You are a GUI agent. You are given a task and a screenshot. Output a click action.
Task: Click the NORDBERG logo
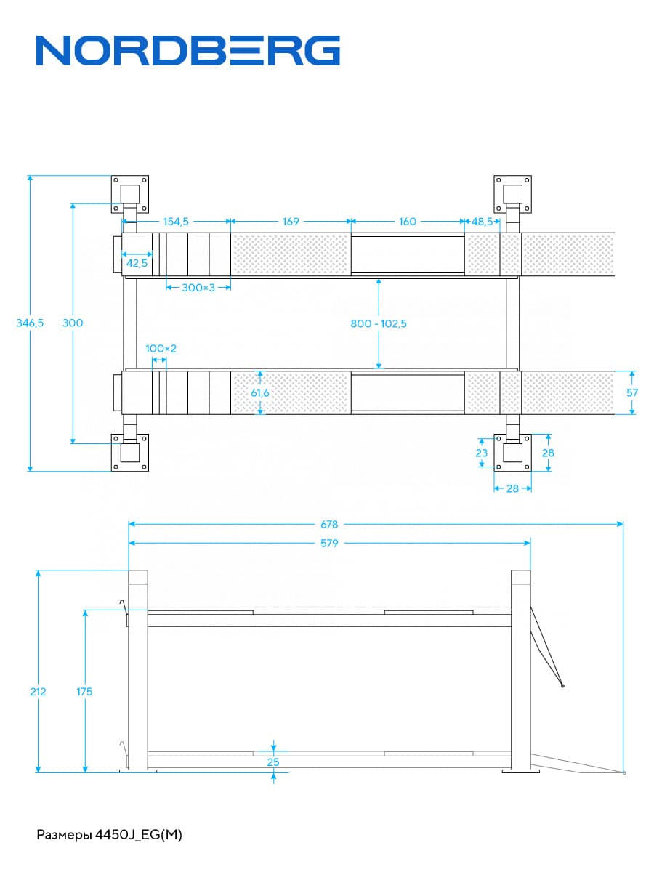(188, 51)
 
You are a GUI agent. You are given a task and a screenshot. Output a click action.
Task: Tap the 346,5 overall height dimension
(30, 323)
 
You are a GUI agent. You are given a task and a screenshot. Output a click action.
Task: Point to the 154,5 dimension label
(175, 222)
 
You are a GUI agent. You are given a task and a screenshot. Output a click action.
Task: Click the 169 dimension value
(291, 222)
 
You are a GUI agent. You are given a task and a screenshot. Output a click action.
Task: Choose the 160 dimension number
(408, 222)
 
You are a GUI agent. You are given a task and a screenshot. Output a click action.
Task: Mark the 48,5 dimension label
(483, 222)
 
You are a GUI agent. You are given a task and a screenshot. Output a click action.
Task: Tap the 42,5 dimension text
(137, 263)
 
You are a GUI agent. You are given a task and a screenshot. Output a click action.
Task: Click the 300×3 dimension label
(198, 288)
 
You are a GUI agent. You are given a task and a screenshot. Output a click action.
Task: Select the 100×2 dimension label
(161, 349)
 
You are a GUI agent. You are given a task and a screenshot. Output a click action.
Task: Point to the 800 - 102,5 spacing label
(379, 323)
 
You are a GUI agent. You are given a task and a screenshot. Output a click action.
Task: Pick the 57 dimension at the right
(633, 392)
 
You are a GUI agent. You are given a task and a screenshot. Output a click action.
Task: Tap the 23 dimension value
(481, 453)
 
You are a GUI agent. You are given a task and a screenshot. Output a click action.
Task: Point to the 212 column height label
(38, 692)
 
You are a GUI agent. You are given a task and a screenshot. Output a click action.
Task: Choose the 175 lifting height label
(84, 692)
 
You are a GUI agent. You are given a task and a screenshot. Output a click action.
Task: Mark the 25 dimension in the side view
(273, 762)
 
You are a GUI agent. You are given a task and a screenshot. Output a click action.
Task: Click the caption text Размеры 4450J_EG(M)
(109, 835)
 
